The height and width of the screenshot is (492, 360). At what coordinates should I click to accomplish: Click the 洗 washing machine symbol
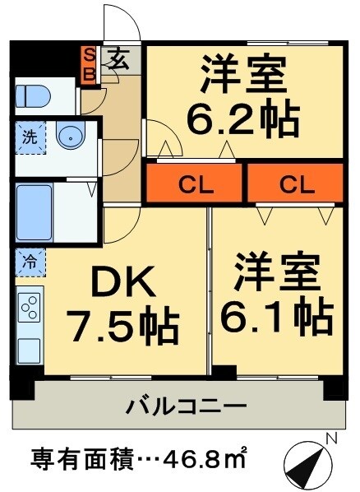pyautogui.click(x=28, y=137)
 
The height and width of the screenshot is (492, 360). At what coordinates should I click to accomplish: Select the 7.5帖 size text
pyautogui.click(x=123, y=327)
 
